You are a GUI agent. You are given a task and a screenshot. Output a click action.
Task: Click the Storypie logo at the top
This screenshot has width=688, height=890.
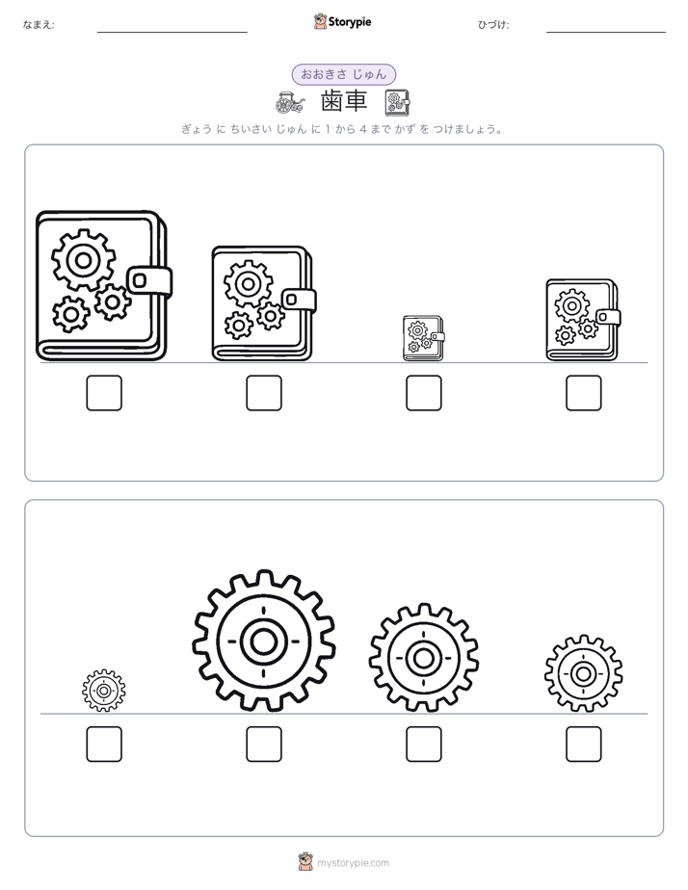(x=342, y=22)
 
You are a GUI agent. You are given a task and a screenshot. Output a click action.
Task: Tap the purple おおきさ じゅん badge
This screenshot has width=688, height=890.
(x=343, y=74)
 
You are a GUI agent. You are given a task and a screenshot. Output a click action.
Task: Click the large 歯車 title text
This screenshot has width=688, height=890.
(x=344, y=101)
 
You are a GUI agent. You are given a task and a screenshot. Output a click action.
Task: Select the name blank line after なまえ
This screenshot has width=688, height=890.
(x=172, y=33)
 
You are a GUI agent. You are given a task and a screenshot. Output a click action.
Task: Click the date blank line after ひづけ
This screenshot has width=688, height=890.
(x=606, y=33)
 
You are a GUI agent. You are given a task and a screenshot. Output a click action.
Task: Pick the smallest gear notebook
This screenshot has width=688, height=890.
(x=423, y=338)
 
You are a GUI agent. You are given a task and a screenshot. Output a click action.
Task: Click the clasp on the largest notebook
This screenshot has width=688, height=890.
(x=150, y=281)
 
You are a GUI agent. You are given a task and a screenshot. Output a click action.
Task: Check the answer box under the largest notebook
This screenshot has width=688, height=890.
(x=104, y=393)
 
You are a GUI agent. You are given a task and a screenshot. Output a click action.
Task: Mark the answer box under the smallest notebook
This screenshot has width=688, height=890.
(x=423, y=393)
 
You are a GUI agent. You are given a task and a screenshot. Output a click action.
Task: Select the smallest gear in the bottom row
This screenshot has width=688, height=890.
(x=104, y=691)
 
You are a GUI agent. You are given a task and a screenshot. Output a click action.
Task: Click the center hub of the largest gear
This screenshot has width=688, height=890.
(x=263, y=641)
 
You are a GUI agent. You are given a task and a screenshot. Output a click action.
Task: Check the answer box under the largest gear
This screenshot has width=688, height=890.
(x=264, y=745)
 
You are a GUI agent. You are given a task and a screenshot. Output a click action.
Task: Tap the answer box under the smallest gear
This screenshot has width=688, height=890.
(x=104, y=745)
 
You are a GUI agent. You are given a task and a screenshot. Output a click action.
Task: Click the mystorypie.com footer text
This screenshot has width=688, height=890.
(x=353, y=863)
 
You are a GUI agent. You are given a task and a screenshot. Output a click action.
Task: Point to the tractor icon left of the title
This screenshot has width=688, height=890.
(x=289, y=102)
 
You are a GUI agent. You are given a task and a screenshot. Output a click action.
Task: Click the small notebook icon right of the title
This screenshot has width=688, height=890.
(x=397, y=102)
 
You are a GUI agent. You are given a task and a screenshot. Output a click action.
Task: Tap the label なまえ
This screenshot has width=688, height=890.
(x=38, y=24)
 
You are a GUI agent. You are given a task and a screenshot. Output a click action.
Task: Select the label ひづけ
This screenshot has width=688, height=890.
(x=493, y=24)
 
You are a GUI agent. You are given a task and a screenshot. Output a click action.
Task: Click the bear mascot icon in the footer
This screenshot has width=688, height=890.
(x=305, y=862)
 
